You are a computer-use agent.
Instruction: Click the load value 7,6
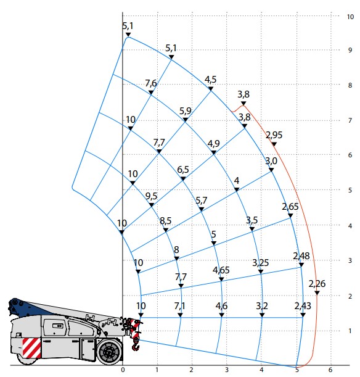pos(151,83)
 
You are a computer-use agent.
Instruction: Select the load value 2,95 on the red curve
pos(274,135)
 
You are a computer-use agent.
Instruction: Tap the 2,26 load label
pos(317,284)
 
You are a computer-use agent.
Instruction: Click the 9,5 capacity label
pos(152,196)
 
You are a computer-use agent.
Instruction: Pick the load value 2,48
pos(301,256)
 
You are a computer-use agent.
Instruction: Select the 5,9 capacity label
pos(186,110)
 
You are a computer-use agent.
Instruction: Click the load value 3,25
pos(261,263)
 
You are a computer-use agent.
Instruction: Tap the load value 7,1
pos(180,306)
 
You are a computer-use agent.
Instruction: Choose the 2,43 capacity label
pos(303,306)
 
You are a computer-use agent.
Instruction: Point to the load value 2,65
pos(290,206)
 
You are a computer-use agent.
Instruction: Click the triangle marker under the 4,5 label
pos(211,89)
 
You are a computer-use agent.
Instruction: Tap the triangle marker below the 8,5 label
pos(166,230)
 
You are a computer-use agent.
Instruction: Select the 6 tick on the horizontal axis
pos(330,370)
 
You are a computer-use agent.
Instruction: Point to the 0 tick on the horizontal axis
pos(123,370)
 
